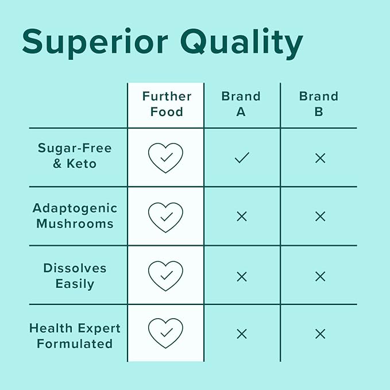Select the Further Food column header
pyautogui.click(x=166, y=104)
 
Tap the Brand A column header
pyautogui.click(x=241, y=104)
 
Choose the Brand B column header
pyautogui.click(x=319, y=104)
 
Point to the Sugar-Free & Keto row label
pyautogui.click(x=75, y=156)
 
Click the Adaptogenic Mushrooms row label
pyautogui.click(x=75, y=215)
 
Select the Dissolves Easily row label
pyautogui.click(x=75, y=276)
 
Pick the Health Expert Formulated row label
pyautogui.click(x=75, y=336)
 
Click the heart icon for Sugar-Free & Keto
pyautogui.click(x=165, y=157)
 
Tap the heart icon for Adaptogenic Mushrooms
pyautogui.click(x=165, y=217)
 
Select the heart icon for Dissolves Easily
pyautogui.click(x=165, y=276)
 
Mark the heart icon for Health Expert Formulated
pyautogui.click(x=165, y=333)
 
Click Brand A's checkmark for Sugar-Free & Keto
pyautogui.click(x=242, y=157)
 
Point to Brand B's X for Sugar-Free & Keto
pyautogui.click(x=320, y=158)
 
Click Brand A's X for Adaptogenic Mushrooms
pyautogui.click(x=242, y=217)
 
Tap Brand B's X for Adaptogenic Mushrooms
pyautogui.click(x=320, y=217)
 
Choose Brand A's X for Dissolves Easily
pyautogui.click(x=242, y=276)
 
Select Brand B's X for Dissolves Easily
pyautogui.click(x=320, y=276)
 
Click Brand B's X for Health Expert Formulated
pyautogui.click(x=320, y=334)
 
